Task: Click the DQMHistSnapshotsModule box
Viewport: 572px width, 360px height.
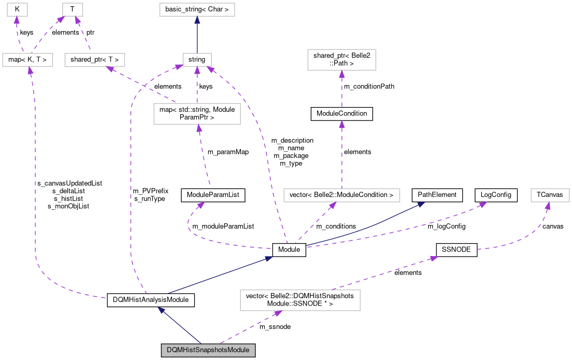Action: (x=208, y=350)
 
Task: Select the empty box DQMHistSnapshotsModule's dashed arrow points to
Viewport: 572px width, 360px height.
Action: (x=300, y=300)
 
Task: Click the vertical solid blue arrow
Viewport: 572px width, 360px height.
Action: (x=197, y=36)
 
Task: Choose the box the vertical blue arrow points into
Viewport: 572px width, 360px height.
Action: (x=197, y=10)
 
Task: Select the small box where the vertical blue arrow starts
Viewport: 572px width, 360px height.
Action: (x=197, y=60)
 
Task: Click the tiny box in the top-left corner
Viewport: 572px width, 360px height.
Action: (x=17, y=10)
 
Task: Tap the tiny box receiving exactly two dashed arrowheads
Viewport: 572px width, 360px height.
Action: (x=73, y=10)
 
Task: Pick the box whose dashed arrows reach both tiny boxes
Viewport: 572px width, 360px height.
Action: (x=28, y=60)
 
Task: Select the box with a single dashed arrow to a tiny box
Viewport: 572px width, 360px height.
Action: (x=94, y=60)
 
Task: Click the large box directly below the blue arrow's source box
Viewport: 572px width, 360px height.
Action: (x=197, y=114)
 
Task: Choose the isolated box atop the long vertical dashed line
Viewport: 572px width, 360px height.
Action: (x=342, y=60)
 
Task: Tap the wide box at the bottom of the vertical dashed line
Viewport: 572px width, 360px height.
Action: (x=342, y=195)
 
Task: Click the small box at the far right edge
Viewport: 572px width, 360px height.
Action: (x=550, y=195)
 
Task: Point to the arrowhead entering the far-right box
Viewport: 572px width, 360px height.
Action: (x=547, y=206)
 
